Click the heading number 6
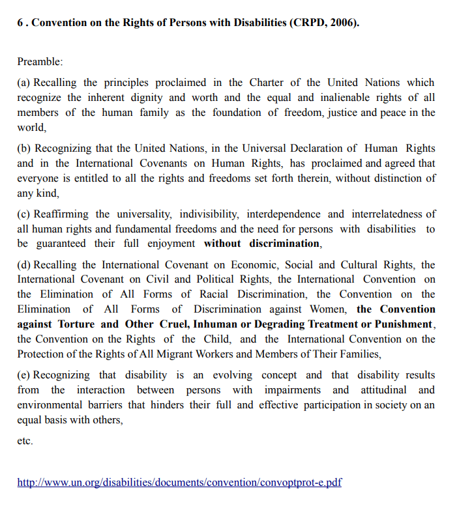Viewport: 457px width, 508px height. [x=20, y=22]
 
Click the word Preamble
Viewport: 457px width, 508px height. [x=40, y=61]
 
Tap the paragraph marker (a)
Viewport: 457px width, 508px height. [x=24, y=82]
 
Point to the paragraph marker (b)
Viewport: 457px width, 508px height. [x=24, y=148]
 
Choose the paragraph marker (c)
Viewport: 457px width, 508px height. [x=24, y=214]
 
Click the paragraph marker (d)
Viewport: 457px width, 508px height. [x=24, y=264]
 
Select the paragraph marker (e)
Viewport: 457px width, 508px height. [x=24, y=375]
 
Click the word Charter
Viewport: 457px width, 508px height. [x=267, y=82]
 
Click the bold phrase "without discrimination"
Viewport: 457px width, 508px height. [x=261, y=244]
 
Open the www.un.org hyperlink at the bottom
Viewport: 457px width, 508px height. [x=179, y=483]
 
